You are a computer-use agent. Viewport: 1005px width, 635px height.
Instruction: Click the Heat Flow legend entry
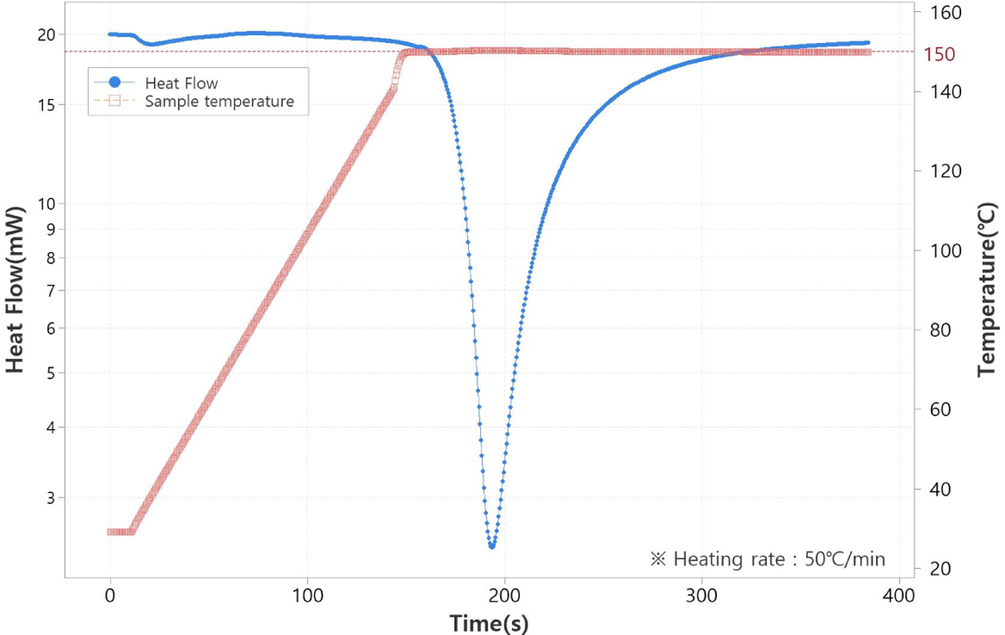pyautogui.click(x=181, y=82)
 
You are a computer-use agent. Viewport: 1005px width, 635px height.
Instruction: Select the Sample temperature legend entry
pyautogui.click(x=219, y=101)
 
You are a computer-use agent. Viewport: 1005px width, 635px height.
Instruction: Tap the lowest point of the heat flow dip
pyautogui.click(x=492, y=546)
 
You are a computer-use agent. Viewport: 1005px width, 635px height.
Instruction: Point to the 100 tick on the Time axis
pyautogui.click(x=307, y=594)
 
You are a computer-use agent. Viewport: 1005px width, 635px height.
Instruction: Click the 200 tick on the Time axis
pyautogui.click(x=504, y=594)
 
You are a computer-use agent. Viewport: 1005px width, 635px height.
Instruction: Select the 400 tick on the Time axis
pyautogui.click(x=899, y=594)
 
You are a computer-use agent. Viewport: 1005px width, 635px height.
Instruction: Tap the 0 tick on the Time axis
pyautogui.click(x=110, y=594)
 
